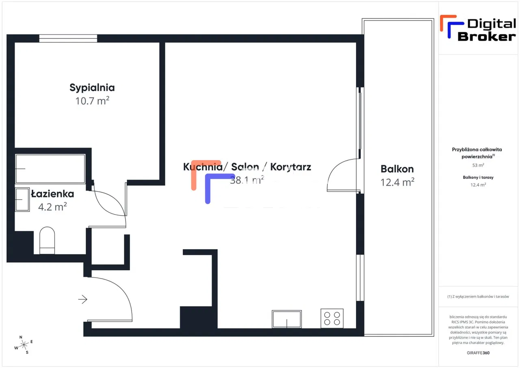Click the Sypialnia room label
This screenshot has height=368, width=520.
coord(92,87)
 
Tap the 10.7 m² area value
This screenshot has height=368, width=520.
coord(92,101)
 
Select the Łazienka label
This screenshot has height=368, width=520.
coord(52,194)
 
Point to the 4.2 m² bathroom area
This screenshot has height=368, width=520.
coord(52,207)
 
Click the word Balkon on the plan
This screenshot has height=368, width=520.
coord(397,169)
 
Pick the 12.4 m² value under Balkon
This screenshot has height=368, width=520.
coord(397,182)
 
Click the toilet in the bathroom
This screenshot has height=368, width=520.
coord(47,240)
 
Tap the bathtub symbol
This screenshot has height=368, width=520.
coord(50,169)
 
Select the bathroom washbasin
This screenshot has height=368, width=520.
coord(23,199)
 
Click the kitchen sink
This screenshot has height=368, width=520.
coord(287,319)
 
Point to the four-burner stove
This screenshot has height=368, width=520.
coord(332,318)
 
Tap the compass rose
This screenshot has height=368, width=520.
coord(24,345)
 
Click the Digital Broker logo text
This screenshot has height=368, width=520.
coord(486,30)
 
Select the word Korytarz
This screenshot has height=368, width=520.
coord(290,167)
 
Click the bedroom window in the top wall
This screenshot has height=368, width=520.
coord(68,39)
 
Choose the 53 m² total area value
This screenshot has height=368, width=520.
coord(478,165)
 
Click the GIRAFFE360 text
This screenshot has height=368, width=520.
coord(478,353)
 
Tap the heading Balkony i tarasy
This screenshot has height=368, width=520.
coord(478,177)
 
